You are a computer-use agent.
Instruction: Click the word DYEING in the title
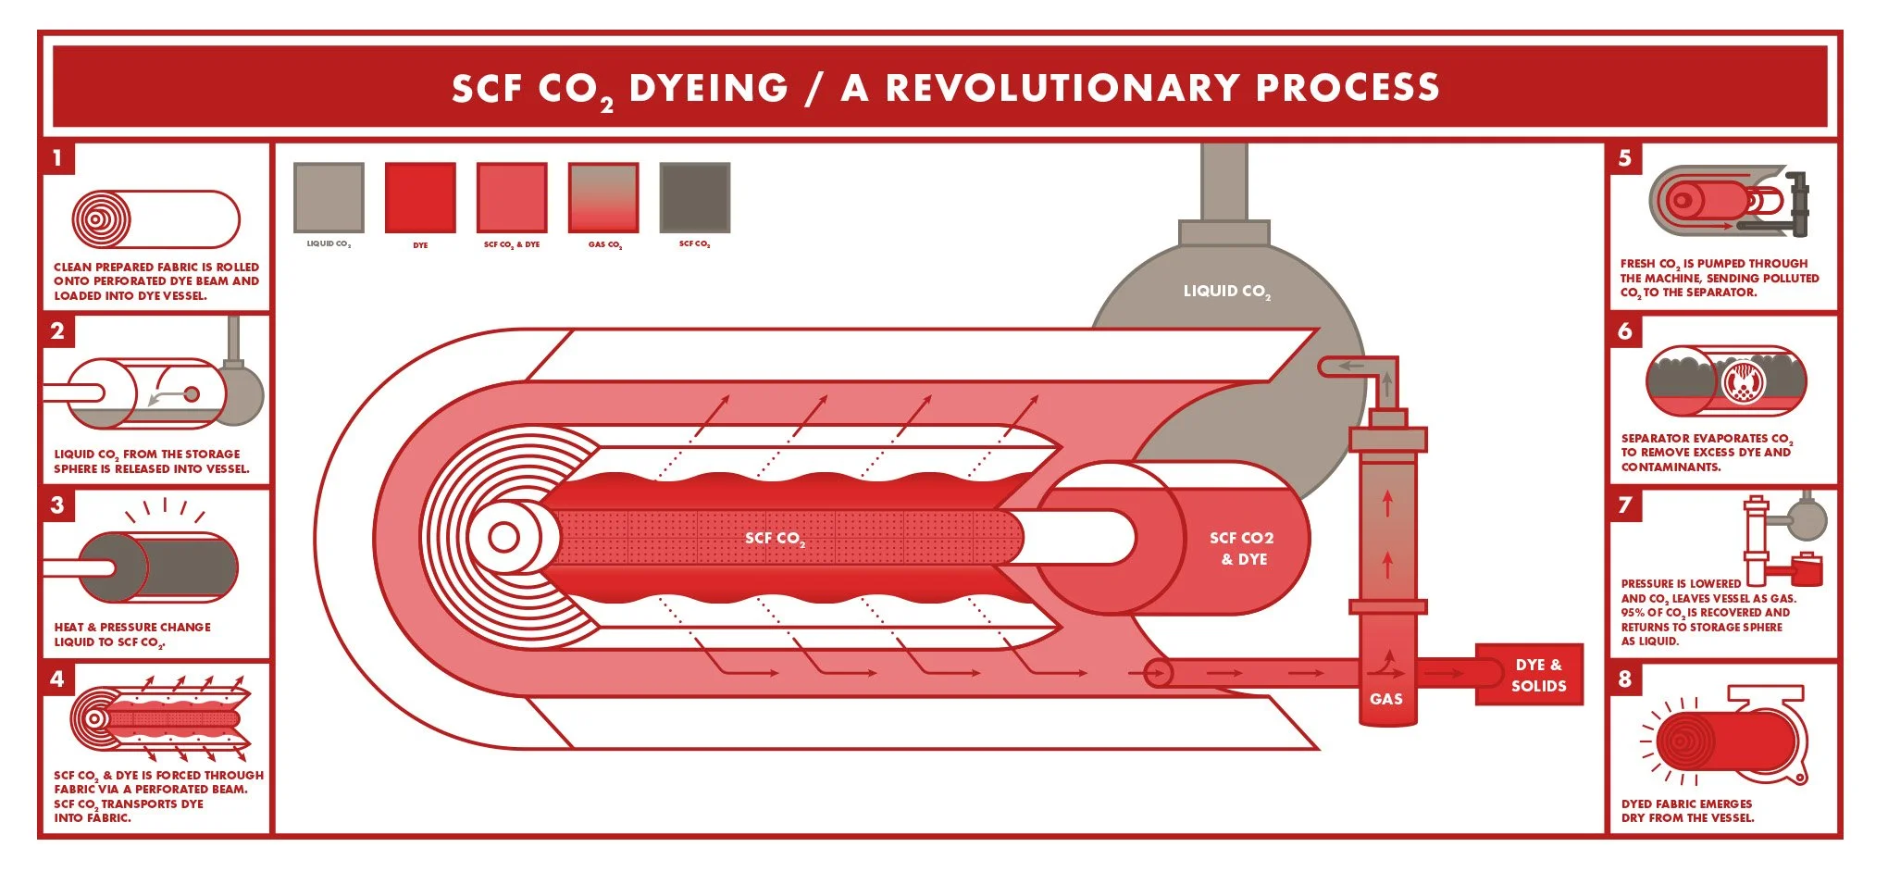click(x=708, y=88)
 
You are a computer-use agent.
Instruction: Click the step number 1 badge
click(x=57, y=157)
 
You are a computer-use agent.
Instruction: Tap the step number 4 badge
click(x=57, y=679)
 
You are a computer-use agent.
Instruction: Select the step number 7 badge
click(x=1625, y=505)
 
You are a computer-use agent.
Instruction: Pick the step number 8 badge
click(x=1625, y=679)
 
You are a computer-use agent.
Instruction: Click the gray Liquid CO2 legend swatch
click(x=329, y=197)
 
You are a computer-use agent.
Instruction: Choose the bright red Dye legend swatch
click(x=420, y=197)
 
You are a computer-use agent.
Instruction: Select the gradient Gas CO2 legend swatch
click(x=603, y=197)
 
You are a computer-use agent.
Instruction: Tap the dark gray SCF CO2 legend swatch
click(x=695, y=197)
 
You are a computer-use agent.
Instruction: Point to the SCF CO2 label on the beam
click(x=775, y=539)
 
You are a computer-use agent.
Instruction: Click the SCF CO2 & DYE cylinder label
click(x=1241, y=548)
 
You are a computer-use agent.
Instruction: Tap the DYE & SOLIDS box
click(x=1538, y=675)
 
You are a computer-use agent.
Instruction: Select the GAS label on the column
click(x=1385, y=699)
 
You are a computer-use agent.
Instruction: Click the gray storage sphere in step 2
click(x=242, y=393)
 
